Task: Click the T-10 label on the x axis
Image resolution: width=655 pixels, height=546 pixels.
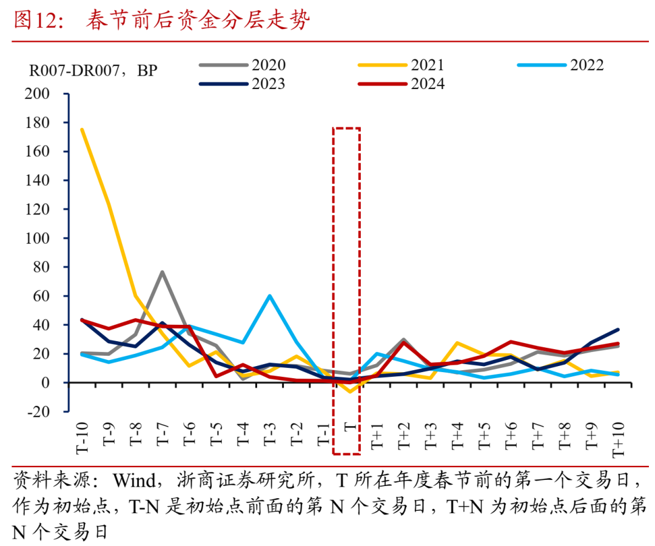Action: coord(82,436)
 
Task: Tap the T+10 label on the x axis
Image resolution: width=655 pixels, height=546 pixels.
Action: coord(618,438)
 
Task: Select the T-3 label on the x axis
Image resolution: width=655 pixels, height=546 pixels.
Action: coord(269,434)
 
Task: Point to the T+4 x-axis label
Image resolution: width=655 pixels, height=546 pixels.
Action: coord(457,434)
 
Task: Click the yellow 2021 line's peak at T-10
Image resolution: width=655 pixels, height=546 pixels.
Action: coord(82,129)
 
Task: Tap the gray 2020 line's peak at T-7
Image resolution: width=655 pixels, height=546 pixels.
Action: coord(163,271)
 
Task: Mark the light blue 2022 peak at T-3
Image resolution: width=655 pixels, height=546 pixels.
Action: coord(269,296)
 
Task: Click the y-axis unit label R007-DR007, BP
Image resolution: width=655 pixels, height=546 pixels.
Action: coord(93,71)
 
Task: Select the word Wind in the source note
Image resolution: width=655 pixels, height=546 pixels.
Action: coord(132,481)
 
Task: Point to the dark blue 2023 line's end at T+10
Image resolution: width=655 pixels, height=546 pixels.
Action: coord(618,330)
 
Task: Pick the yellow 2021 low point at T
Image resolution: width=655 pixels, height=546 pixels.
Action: coord(350,392)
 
